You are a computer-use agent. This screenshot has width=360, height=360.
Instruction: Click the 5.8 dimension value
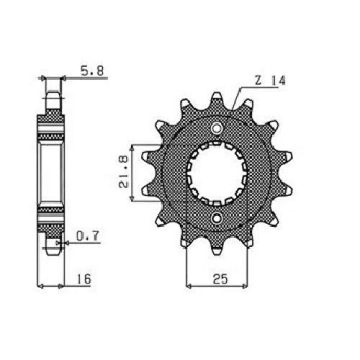[x=92, y=71]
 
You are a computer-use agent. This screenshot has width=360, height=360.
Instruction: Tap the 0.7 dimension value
[x=88, y=236]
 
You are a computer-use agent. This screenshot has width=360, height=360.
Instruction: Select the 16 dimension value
[x=84, y=279]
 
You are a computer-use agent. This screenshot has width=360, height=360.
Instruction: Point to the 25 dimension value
[x=220, y=279]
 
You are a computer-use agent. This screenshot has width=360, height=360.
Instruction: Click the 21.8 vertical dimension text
[x=124, y=171]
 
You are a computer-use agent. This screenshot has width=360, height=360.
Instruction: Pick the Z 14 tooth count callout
[x=270, y=81]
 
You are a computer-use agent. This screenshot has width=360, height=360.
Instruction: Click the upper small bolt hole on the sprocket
[x=217, y=128]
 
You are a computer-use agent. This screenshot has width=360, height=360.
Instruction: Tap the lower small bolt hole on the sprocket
[x=217, y=217]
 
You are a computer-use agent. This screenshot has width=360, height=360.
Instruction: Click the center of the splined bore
[x=217, y=173]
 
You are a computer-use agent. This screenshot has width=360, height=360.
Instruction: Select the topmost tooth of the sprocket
[x=217, y=99]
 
